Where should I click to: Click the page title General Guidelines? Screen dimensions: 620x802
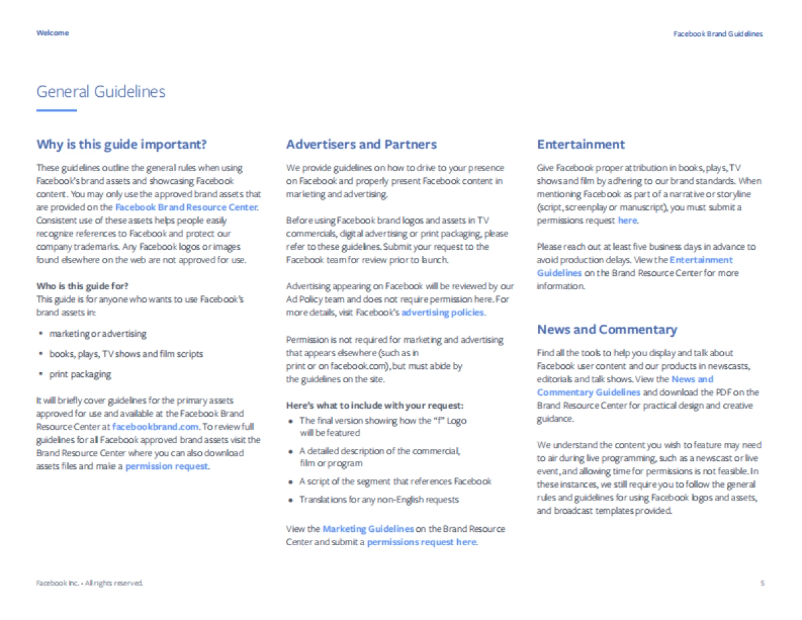pyautogui.click(x=101, y=92)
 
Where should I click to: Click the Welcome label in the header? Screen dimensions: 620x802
pyautogui.click(x=52, y=33)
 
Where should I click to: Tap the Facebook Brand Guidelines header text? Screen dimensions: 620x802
pyautogui.click(x=717, y=33)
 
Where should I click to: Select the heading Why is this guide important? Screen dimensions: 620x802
pyautogui.click(x=122, y=144)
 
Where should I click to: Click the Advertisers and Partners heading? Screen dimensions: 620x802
pyautogui.click(x=361, y=144)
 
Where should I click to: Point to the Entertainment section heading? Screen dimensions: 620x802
pyautogui.click(x=581, y=144)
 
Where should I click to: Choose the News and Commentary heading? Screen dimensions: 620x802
pyautogui.click(x=607, y=329)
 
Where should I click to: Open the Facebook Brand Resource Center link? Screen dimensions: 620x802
pyautogui.click(x=186, y=207)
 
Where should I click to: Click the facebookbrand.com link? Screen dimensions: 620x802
pyautogui.click(x=156, y=426)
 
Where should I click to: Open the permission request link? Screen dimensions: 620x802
pyautogui.click(x=167, y=466)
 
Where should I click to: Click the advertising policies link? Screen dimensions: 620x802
pyautogui.click(x=442, y=313)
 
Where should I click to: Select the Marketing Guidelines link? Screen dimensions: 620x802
pyautogui.click(x=368, y=528)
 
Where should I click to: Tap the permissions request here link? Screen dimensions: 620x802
pyautogui.click(x=422, y=542)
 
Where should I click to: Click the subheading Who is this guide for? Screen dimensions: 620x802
pyautogui.click(x=83, y=286)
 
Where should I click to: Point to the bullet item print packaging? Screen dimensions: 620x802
pyautogui.click(x=80, y=374)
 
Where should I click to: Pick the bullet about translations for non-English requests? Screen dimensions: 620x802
pyautogui.click(x=379, y=499)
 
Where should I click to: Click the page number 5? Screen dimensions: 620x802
pyautogui.click(x=762, y=583)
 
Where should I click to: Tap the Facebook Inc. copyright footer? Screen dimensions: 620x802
pyautogui.click(x=90, y=583)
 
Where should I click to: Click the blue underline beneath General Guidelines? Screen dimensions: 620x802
pyautogui.click(x=56, y=110)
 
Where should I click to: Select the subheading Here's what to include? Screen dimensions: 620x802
pyautogui.click(x=374, y=406)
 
